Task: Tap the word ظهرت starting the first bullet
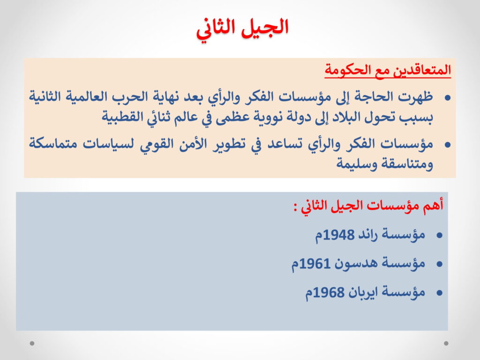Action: coord(417,97)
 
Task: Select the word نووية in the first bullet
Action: coord(269,117)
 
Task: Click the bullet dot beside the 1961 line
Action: coord(440,264)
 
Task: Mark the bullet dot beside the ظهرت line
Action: coord(448,97)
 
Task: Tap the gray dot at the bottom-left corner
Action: coord(32,344)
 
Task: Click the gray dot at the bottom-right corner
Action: coord(446,344)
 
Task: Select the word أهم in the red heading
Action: coord(434,205)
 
